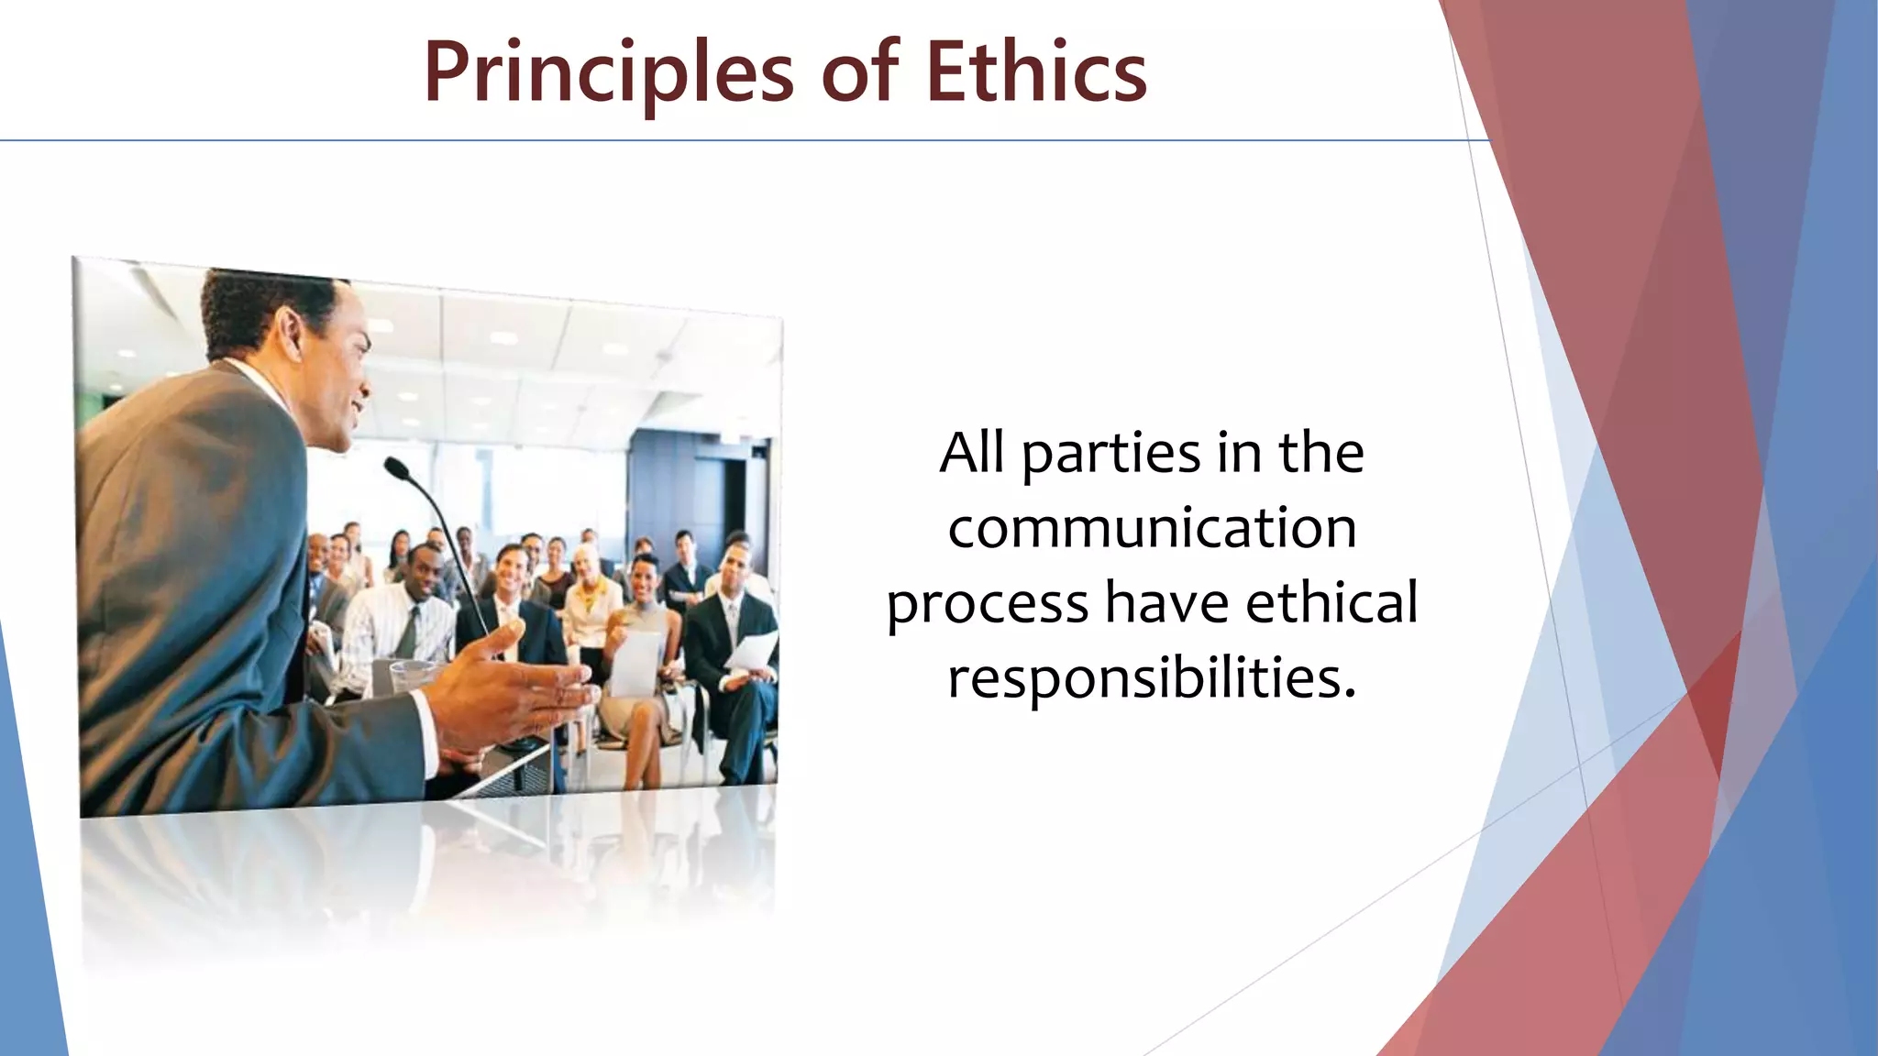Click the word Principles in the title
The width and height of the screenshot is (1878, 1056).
pyautogui.click(x=608, y=73)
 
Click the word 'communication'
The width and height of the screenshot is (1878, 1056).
pyautogui.click(x=1152, y=529)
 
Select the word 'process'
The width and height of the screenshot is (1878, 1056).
pyautogui.click(x=987, y=606)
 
